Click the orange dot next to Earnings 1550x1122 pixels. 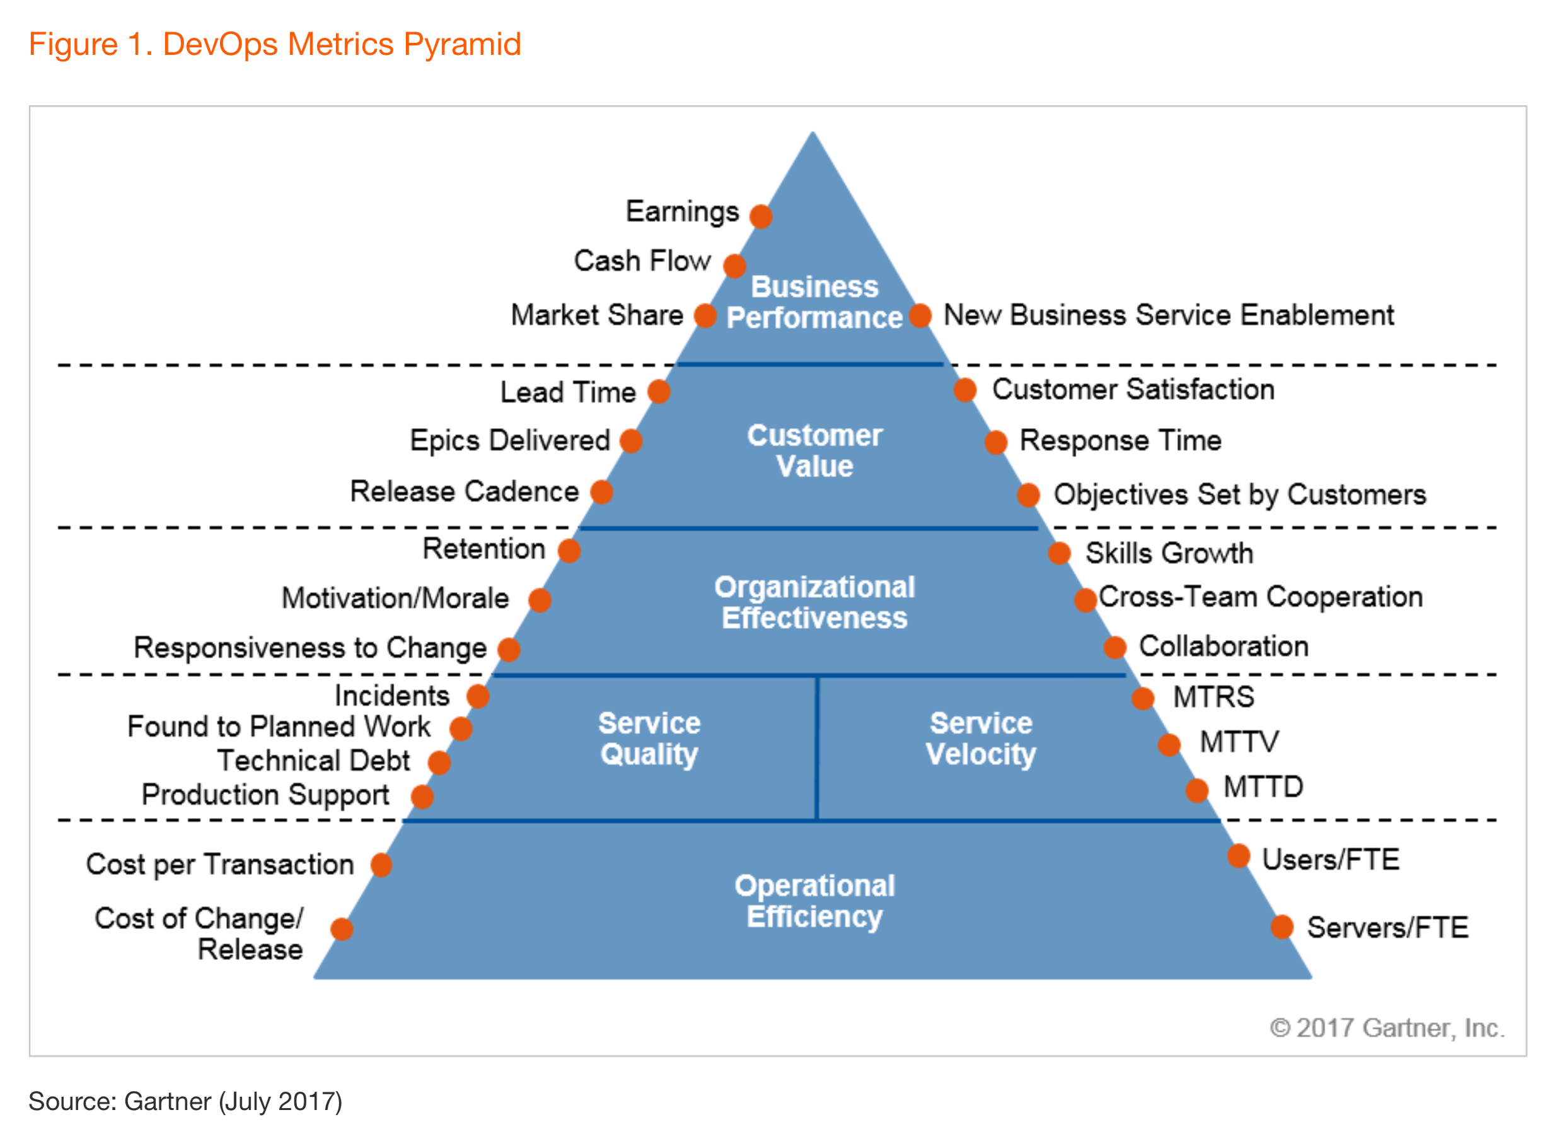[x=761, y=216]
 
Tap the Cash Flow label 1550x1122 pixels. [x=642, y=261]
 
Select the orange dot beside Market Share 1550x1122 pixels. [x=705, y=316]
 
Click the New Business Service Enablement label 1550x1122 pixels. [x=1168, y=315]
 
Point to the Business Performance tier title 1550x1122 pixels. [x=814, y=302]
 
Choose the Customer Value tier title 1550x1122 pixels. [x=814, y=450]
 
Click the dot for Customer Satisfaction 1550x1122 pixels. [x=964, y=390]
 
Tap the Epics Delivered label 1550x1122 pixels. [x=509, y=440]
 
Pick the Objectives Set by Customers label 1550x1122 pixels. [x=1239, y=494]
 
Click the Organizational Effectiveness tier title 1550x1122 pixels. [x=814, y=602]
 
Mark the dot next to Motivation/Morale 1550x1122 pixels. [x=539, y=600]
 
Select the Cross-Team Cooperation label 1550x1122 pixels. [x=1260, y=597]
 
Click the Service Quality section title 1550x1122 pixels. [x=649, y=739]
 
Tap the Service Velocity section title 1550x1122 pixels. [x=981, y=739]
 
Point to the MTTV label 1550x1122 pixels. [x=1239, y=742]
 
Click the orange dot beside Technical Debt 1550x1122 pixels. [x=439, y=763]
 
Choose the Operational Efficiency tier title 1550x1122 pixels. [x=814, y=901]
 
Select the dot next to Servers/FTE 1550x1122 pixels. [x=1281, y=927]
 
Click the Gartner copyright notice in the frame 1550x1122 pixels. [x=1387, y=1027]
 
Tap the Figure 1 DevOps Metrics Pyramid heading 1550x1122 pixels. [x=275, y=44]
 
